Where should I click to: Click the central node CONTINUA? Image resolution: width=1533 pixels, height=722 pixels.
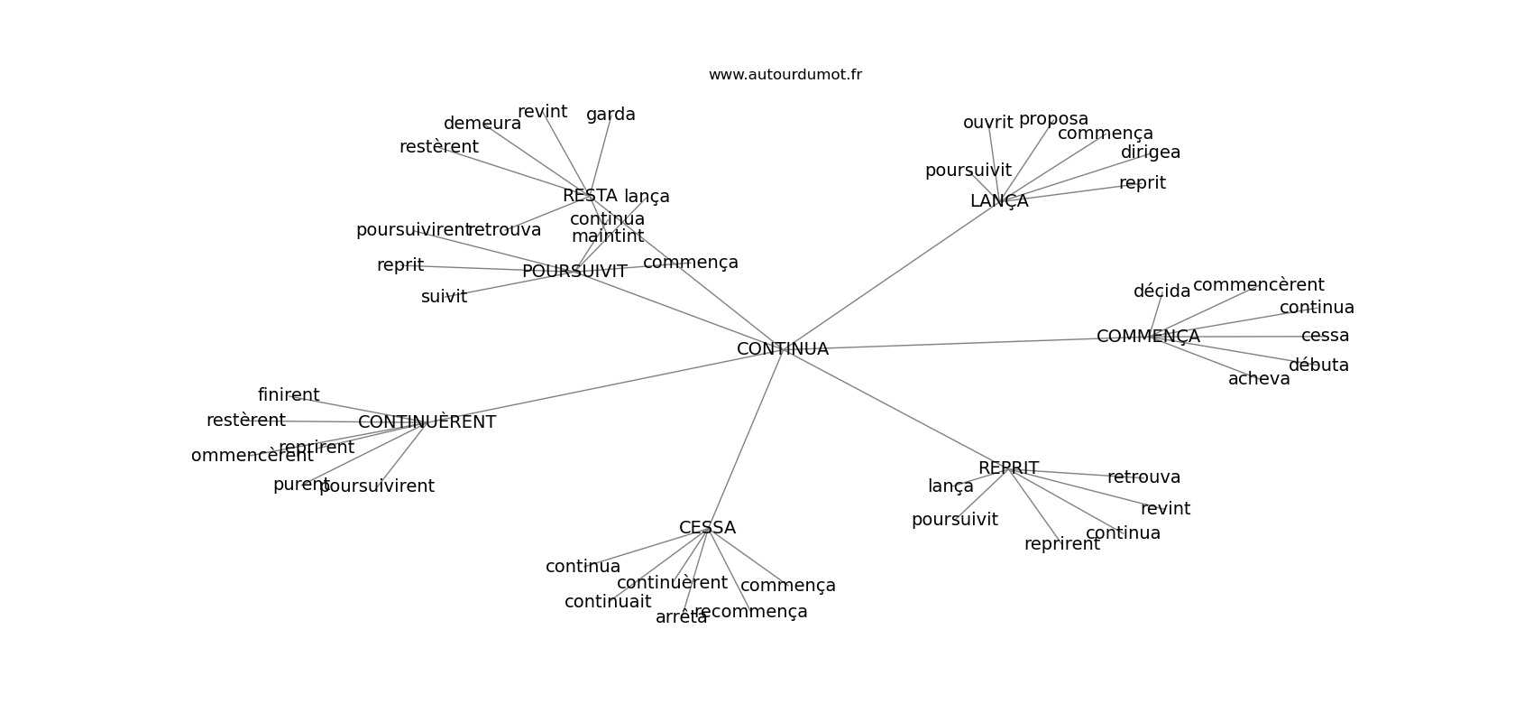click(782, 349)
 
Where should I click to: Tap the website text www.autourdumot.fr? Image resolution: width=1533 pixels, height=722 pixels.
click(785, 75)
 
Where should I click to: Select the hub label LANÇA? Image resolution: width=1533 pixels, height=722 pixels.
click(998, 201)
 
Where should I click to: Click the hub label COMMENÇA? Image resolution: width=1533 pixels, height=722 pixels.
click(1148, 337)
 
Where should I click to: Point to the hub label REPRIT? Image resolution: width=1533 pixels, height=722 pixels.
click(1008, 468)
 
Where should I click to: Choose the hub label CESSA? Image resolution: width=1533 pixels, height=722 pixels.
click(707, 528)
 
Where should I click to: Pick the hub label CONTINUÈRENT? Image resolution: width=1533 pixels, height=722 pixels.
click(427, 422)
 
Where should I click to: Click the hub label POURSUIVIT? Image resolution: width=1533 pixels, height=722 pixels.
click(574, 272)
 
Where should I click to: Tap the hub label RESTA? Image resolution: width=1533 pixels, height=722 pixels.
click(590, 196)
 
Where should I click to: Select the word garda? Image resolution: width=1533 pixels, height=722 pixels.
click(610, 115)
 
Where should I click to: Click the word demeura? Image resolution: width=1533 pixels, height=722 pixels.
click(482, 124)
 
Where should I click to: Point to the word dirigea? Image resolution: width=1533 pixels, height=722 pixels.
click(1150, 153)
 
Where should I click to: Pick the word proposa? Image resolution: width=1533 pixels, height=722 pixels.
click(1053, 119)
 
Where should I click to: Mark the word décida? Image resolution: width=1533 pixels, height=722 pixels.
click(1161, 292)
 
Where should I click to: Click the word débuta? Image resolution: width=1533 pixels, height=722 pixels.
click(1318, 366)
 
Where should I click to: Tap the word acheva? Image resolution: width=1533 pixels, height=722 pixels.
click(1259, 379)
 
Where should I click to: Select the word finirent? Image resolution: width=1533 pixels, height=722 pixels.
click(289, 395)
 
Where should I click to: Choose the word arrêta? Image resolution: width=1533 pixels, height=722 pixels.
click(681, 617)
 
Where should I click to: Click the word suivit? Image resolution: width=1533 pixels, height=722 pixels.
click(444, 297)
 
